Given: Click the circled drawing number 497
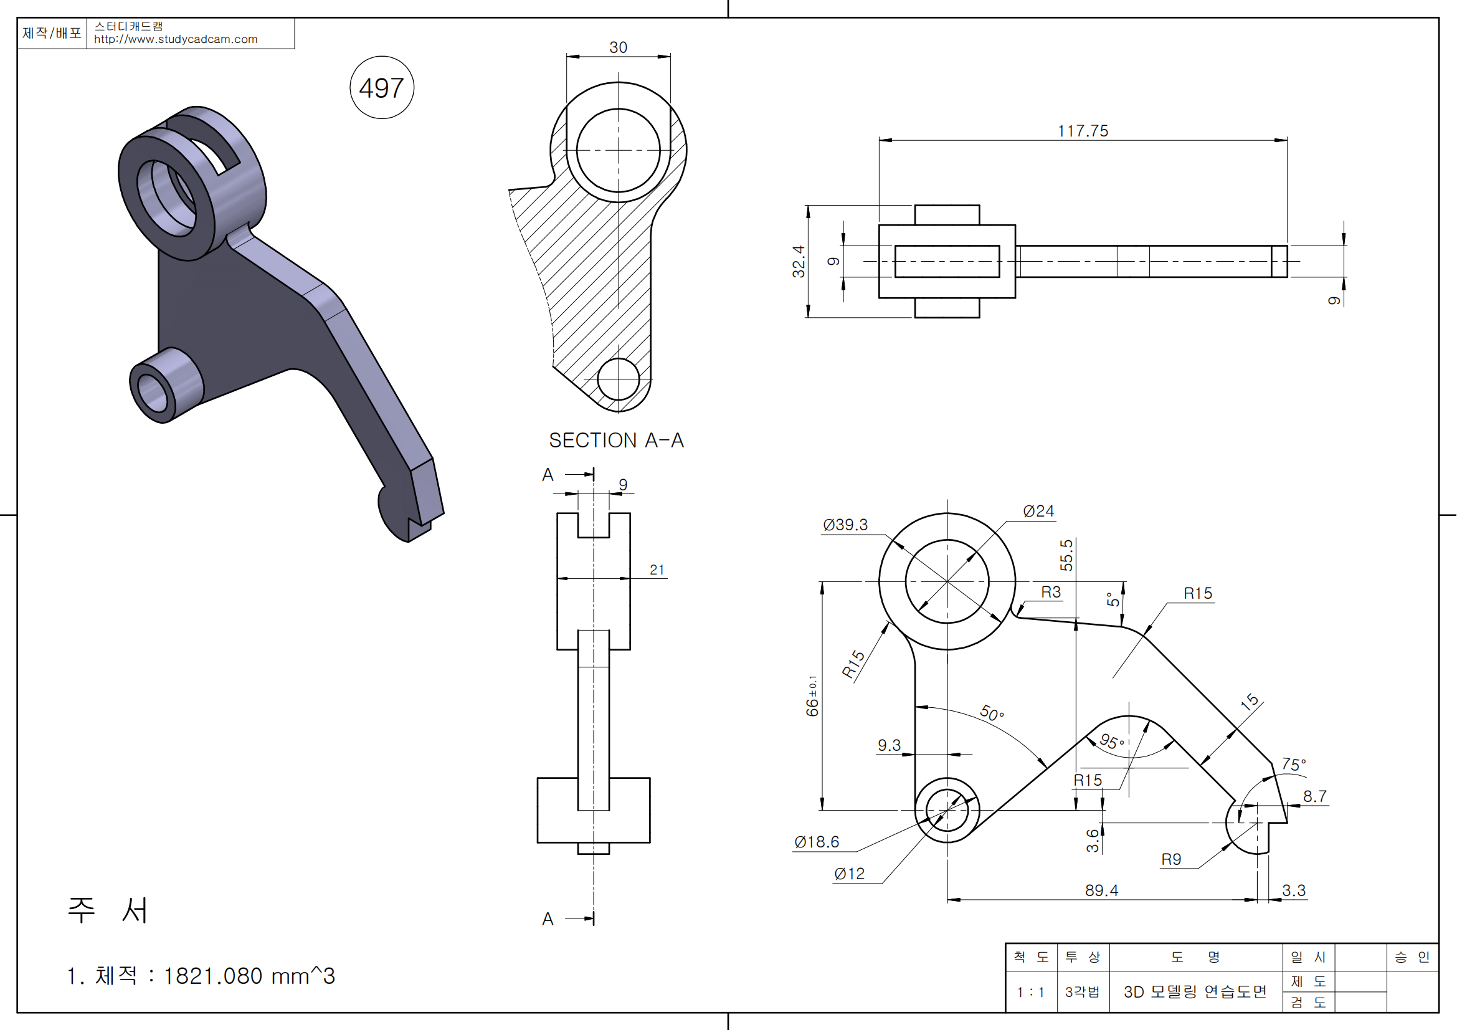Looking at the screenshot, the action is tap(381, 88).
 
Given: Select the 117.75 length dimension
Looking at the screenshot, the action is tap(1083, 131).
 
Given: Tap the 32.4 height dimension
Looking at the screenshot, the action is tap(799, 262).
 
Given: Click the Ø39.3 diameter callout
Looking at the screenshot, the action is tap(845, 525).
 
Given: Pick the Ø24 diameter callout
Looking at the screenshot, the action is tap(1039, 511).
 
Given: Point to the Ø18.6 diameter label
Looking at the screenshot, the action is tap(817, 842).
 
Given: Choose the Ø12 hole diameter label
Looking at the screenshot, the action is tap(850, 874).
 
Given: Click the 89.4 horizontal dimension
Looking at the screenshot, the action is tap(1102, 890).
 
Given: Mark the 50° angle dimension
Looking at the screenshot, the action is tap(991, 713).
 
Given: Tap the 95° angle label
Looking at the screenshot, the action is tap(1112, 742).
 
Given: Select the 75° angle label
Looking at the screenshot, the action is tap(1293, 764).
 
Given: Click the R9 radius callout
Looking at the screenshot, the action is tap(1172, 859).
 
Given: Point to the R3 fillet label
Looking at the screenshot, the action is tap(1051, 592).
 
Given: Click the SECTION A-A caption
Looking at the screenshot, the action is tap(616, 441).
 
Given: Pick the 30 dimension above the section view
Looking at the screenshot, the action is tap(618, 47).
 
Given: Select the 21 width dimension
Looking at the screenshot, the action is tap(657, 570).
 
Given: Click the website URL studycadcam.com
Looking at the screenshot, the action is tap(176, 39).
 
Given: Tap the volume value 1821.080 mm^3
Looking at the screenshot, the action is tap(249, 976).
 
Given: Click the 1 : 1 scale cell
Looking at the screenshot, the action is tap(1030, 992).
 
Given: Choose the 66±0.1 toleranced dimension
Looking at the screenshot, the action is tap(812, 696).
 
